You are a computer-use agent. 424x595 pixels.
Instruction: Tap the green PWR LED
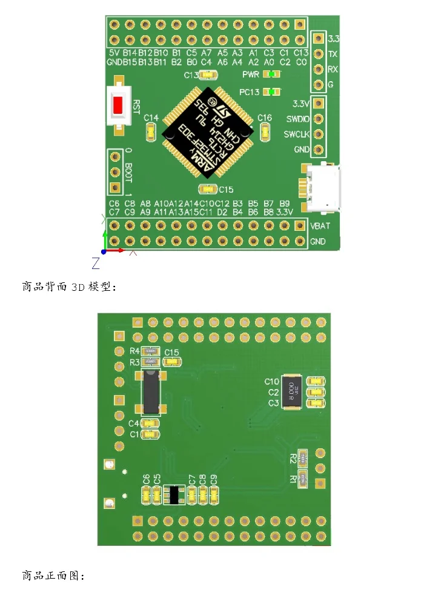[x=275, y=74]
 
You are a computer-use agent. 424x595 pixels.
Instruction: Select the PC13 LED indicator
[x=276, y=92]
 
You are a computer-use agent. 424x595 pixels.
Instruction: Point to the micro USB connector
[x=323, y=189]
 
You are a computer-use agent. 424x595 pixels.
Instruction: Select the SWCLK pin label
[x=297, y=135]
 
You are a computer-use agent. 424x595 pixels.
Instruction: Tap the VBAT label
[x=320, y=225]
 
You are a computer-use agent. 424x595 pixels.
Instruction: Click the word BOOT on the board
[x=128, y=173]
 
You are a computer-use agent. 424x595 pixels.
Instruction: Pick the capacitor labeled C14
[x=151, y=130]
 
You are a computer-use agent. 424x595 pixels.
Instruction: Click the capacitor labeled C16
[x=265, y=130]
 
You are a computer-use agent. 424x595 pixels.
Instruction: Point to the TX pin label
[x=333, y=54]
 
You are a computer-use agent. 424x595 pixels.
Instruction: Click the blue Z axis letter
[x=96, y=263]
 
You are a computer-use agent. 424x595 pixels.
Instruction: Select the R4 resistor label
[x=135, y=351]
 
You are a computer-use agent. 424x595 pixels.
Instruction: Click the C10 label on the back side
[x=272, y=381]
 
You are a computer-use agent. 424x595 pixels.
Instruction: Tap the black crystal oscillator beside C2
[x=293, y=393]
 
